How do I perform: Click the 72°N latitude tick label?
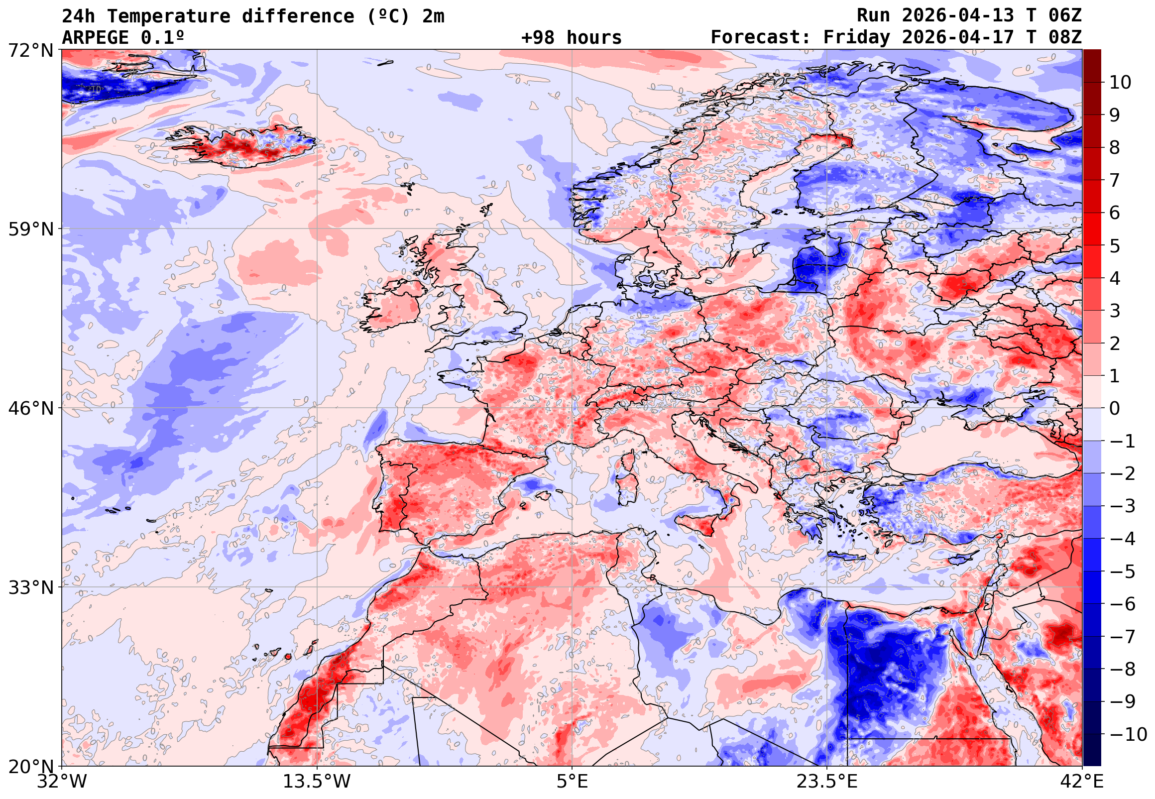pyautogui.click(x=30, y=50)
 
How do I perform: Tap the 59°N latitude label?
pyautogui.click(x=30, y=229)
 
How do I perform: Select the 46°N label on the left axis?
pyautogui.click(x=30, y=409)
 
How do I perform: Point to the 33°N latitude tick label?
pyautogui.click(x=30, y=587)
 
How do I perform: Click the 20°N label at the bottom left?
pyautogui.click(x=30, y=767)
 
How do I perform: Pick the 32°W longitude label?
pyautogui.click(x=62, y=782)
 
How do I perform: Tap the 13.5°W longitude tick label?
pyautogui.click(x=317, y=782)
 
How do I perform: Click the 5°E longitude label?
pyautogui.click(x=572, y=782)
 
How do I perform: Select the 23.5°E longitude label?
pyautogui.click(x=827, y=782)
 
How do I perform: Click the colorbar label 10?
pyautogui.click(x=1121, y=83)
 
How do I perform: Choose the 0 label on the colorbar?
pyautogui.click(x=1115, y=409)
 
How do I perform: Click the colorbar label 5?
pyautogui.click(x=1115, y=246)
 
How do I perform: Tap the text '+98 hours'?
pyautogui.click(x=571, y=37)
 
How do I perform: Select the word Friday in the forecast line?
pyautogui.click(x=857, y=37)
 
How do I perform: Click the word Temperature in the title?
pyautogui.click(x=169, y=16)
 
